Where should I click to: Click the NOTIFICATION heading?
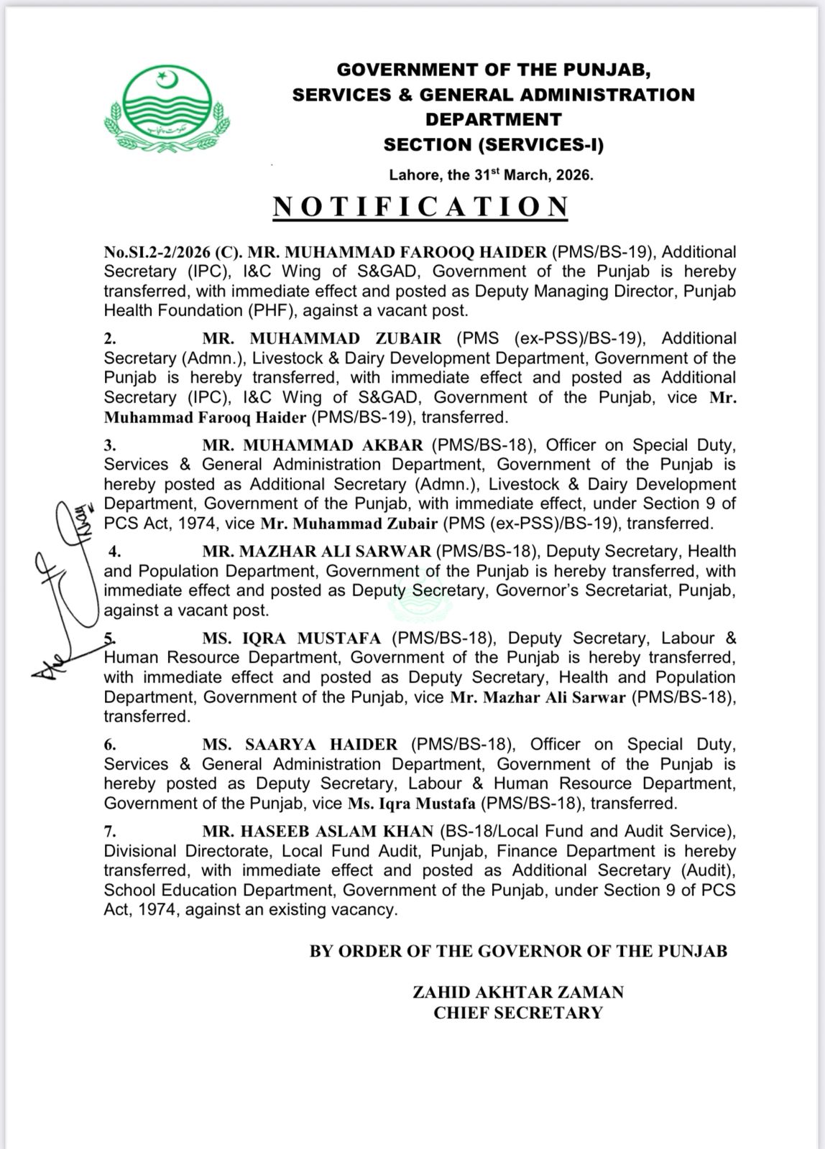click(x=421, y=206)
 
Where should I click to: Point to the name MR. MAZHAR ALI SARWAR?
click(x=317, y=552)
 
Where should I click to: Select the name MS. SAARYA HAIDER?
click(x=300, y=745)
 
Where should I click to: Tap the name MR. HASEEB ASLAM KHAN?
click(x=318, y=832)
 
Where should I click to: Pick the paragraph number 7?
click(x=110, y=832)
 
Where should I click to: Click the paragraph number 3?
click(x=110, y=445)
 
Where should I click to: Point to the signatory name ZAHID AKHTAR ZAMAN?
click(x=517, y=992)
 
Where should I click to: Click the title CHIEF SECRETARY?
click(x=517, y=1013)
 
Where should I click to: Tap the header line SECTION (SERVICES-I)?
click(x=494, y=145)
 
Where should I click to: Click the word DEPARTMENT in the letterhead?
click(x=494, y=119)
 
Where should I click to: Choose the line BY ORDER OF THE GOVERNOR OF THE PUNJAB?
click(x=518, y=952)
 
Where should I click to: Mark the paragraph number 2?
click(x=110, y=338)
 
